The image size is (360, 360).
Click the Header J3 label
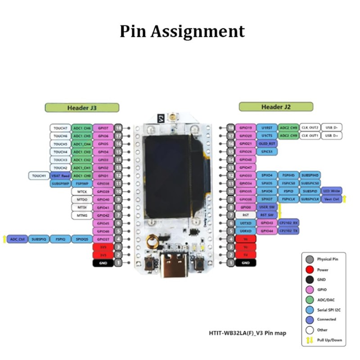(x=82, y=108)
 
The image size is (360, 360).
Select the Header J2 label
(x=276, y=107)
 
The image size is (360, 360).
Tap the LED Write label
(x=331, y=191)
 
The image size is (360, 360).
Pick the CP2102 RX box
(x=288, y=223)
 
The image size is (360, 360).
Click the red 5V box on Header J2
(x=245, y=255)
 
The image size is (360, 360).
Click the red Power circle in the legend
(x=309, y=270)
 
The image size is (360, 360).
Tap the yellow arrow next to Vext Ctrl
(x=345, y=199)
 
